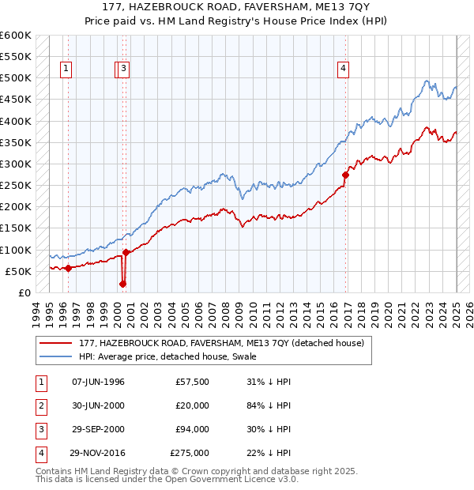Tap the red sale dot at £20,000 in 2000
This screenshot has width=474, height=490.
(x=122, y=284)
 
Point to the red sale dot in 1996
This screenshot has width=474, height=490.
(x=68, y=268)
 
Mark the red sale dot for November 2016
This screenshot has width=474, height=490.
(x=345, y=175)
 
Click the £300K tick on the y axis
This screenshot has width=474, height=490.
(x=17, y=164)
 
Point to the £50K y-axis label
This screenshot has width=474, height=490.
(x=20, y=271)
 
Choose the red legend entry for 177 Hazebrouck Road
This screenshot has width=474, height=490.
(x=221, y=343)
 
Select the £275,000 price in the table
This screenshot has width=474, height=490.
(x=190, y=453)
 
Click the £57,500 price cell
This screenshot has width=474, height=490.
(x=193, y=382)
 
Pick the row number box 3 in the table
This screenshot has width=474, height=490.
(x=40, y=429)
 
